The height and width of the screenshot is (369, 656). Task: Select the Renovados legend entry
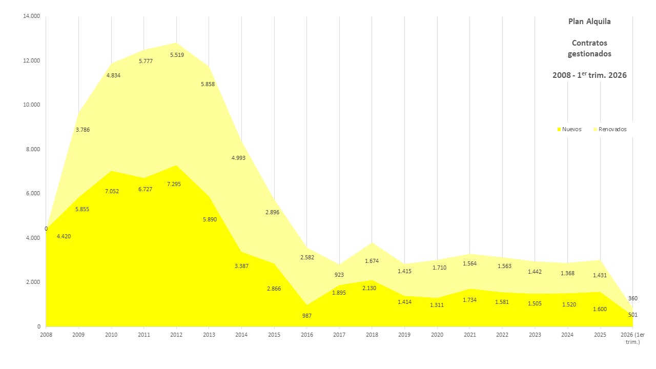click(612, 129)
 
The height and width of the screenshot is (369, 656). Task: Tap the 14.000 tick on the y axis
click(31, 16)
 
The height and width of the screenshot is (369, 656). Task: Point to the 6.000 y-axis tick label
click(33, 194)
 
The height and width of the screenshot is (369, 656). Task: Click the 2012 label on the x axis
click(176, 335)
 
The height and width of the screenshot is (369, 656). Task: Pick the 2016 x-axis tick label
click(306, 335)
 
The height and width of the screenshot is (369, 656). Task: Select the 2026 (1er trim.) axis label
click(632, 338)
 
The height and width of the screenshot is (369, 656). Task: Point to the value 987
click(306, 316)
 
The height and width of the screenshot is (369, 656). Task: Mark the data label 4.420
click(64, 236)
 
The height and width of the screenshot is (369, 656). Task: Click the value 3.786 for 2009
click(83, 130)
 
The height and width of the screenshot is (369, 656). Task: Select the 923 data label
click(339, 275)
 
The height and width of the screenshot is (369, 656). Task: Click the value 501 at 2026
click(632, 315)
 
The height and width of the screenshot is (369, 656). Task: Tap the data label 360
click(632, 298)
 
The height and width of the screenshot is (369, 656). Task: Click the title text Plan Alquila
click(589, 22)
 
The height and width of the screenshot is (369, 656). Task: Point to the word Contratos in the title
click(589, 43)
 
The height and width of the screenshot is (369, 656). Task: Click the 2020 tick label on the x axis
click(437, 335)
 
